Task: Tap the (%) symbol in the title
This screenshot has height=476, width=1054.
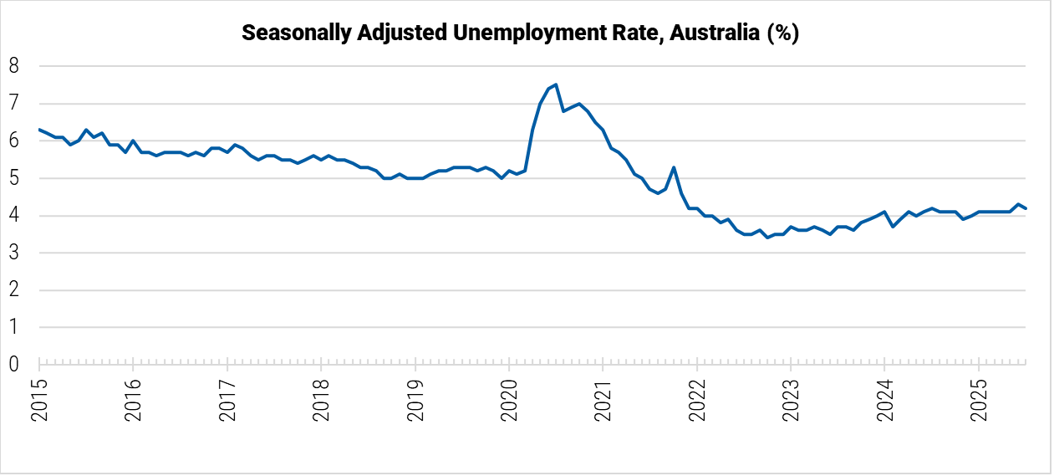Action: (x=783, y=33)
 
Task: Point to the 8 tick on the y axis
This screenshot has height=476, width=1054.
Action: (x=13, y=66)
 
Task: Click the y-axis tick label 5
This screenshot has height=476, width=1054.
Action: (x=13, y=178)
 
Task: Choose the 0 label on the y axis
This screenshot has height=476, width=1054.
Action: (x=13, y=365)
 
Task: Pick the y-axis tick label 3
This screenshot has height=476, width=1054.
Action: (x=13, y=253)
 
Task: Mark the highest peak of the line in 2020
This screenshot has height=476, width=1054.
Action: (x=556, y=84)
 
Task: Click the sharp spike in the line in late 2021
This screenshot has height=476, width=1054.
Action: (x=674, y=167)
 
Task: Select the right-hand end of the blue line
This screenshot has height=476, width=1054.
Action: (x=1026, y=208)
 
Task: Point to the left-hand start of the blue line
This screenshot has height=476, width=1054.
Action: (x=39, y=130)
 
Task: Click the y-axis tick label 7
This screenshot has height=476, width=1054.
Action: (x=13, y=104)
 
